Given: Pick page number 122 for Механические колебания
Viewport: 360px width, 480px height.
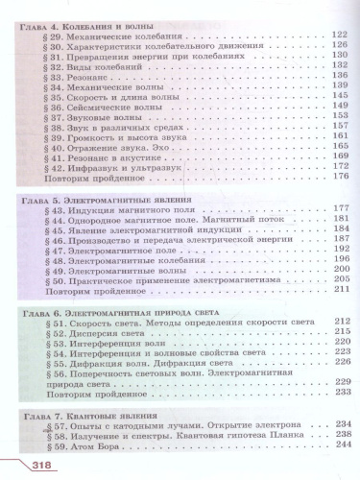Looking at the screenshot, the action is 336,35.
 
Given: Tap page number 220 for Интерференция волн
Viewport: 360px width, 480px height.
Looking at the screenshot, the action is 336,351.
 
